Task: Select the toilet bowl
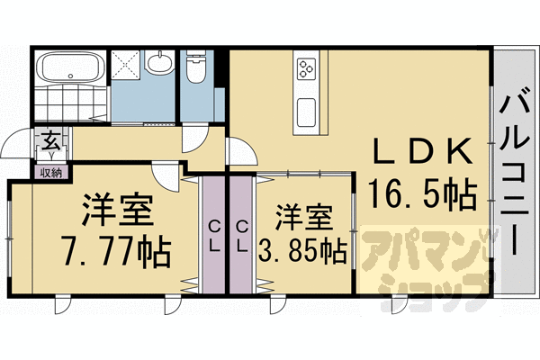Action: tap(196, 67)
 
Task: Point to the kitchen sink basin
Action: tap(307, 112)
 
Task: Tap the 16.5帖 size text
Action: tap(423, 194)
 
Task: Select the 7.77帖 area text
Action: tap(116, 251)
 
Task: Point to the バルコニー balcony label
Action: tap(515, 175)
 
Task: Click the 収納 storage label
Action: tap(51, 173)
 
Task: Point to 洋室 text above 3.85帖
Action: tap(304, 217)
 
